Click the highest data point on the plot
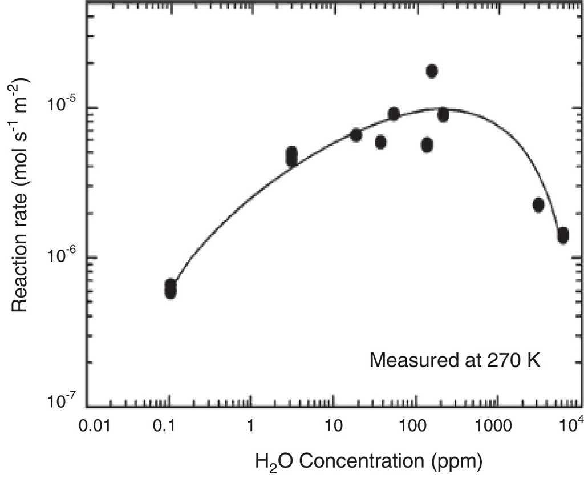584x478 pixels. click(x=432, y=71)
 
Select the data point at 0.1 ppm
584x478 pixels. click(x=170, y=288)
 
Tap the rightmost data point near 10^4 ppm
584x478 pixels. click(x=563, y=235)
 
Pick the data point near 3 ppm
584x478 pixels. click(x=291, y=156)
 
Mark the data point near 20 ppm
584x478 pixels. click(x=356, y=135)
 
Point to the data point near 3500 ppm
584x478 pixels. click(x=538, y=205)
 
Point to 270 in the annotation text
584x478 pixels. click(x=496, y=361)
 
